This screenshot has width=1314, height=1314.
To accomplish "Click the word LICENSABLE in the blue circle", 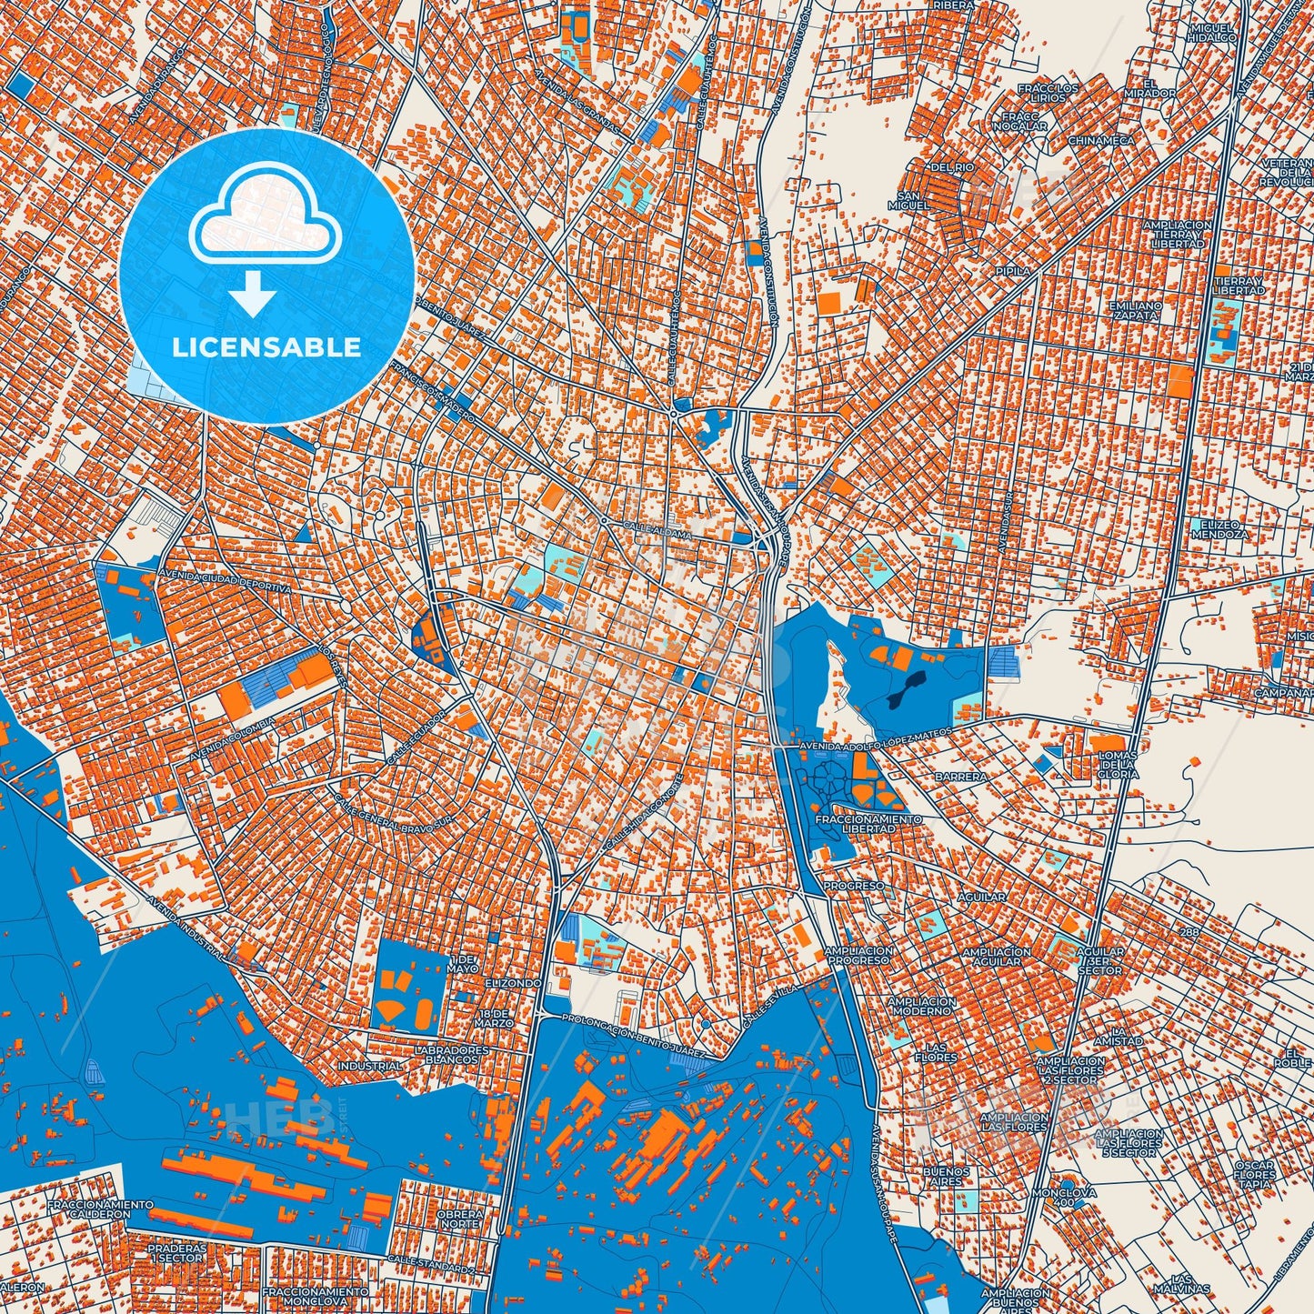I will pyautogui.click(x=266, y=347).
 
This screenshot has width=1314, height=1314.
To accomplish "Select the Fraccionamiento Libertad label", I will pyautogui.click(x=868, y=824).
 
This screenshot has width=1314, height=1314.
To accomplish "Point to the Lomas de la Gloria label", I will pyautogui.click(x=1118, y=765).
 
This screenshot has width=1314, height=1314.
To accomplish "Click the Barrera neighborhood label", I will pyautogui.click(x=960, y=777).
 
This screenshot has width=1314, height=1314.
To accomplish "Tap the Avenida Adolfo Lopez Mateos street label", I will pyautogui.click(x=875, y=739).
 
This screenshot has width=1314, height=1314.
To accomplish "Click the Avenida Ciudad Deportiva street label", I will pyautogui.click(x=225, y=582).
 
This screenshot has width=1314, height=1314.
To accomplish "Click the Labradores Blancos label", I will pyautogui.click(x=451, y=1055).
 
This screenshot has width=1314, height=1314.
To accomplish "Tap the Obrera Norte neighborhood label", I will pyautogui.click(x=459, y=1219).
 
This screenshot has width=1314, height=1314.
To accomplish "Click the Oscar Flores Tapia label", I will pyautogui.click(x=1255, y=1175).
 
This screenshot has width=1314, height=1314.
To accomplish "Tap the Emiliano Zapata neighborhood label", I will pyautogui.click(x=1135, y=311).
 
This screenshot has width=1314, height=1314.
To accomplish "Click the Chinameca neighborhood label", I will pyautogui.click(x=1100, y=141).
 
